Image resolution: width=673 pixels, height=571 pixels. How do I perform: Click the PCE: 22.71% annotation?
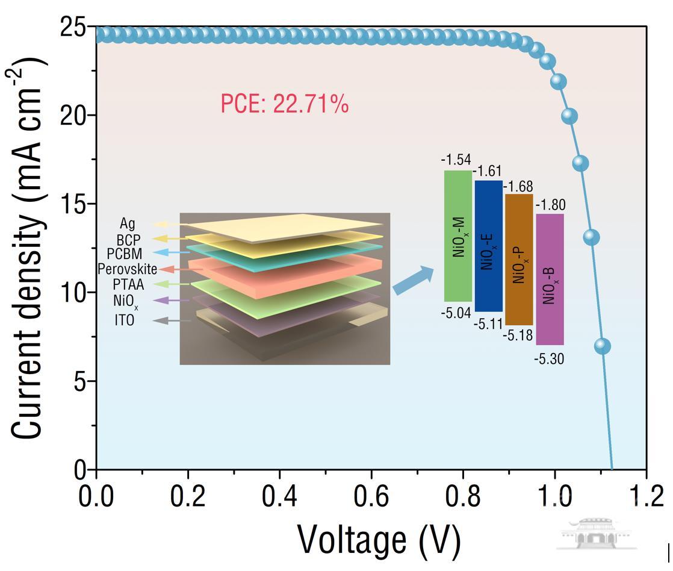284,105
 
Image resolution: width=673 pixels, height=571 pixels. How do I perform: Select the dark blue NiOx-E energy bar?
488,246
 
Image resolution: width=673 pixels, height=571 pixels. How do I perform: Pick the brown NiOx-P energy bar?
519,260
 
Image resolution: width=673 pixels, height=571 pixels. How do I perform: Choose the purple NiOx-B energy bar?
550,279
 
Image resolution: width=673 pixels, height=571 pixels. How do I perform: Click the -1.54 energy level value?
456,160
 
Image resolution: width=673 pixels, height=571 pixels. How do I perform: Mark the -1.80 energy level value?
550,205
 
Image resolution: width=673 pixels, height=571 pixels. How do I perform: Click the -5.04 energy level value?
456,313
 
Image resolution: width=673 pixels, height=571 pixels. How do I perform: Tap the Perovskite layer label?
127,269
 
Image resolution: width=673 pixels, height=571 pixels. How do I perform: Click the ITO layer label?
125,320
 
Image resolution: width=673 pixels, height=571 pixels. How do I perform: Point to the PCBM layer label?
125,254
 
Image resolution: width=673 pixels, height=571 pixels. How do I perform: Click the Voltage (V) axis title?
379,540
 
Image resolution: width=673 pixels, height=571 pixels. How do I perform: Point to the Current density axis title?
30,247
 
